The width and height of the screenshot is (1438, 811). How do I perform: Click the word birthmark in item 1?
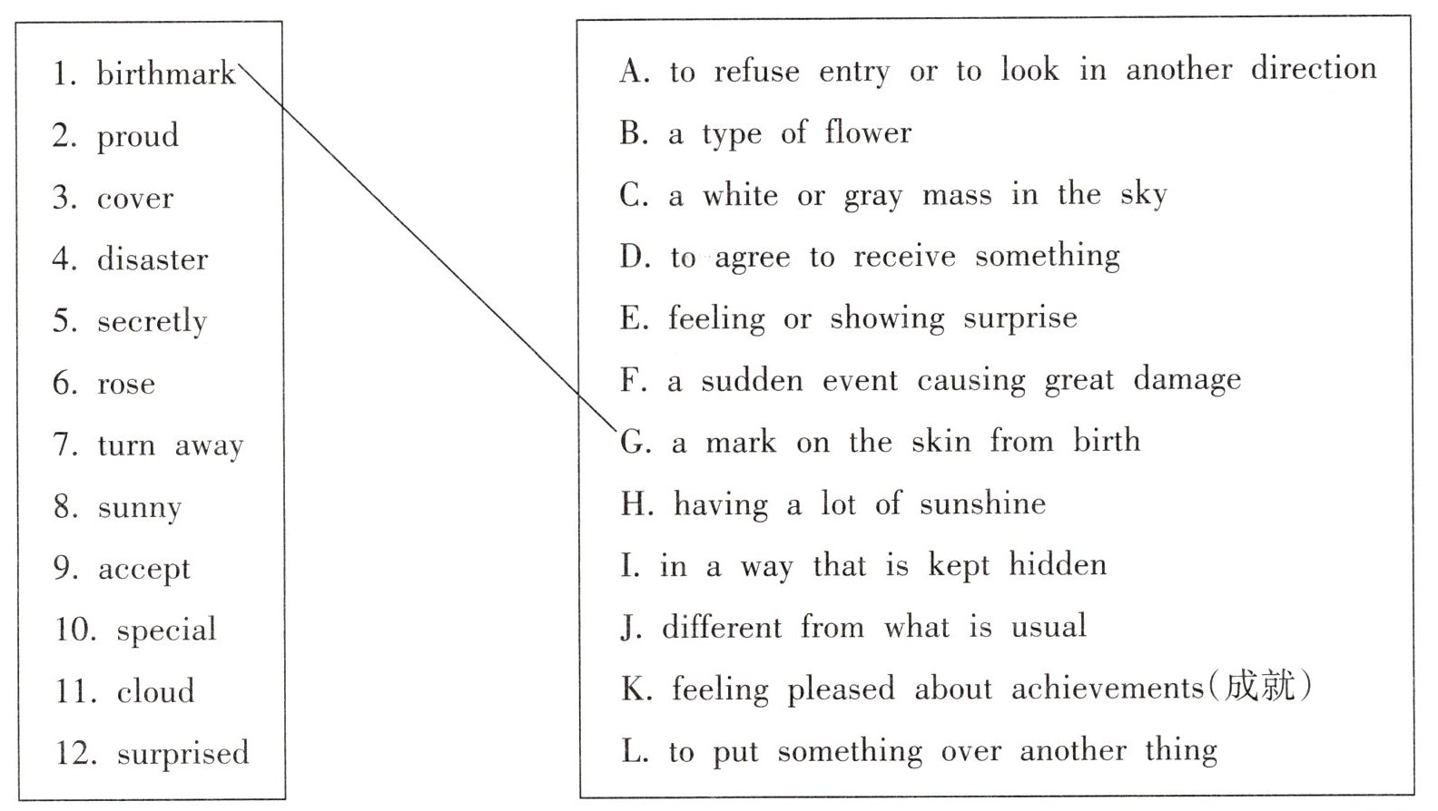click(165, 73)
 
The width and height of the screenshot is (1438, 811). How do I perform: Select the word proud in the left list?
click(138, 137)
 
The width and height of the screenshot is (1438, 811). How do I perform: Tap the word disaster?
click(153, 260)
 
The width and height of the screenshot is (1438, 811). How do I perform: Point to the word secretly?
click(152, 322)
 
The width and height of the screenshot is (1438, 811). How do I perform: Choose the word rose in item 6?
click(126, 385)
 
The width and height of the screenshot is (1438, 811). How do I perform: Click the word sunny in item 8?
click(140, 508)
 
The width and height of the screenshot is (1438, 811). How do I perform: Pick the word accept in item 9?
click(144, 570)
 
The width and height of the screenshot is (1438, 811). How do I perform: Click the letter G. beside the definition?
click(635, 443)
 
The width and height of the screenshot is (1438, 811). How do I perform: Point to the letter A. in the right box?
click(635, 72)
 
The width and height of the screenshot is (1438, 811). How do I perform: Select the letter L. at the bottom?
click(635, 752)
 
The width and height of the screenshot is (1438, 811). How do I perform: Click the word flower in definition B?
click(868, 133)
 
